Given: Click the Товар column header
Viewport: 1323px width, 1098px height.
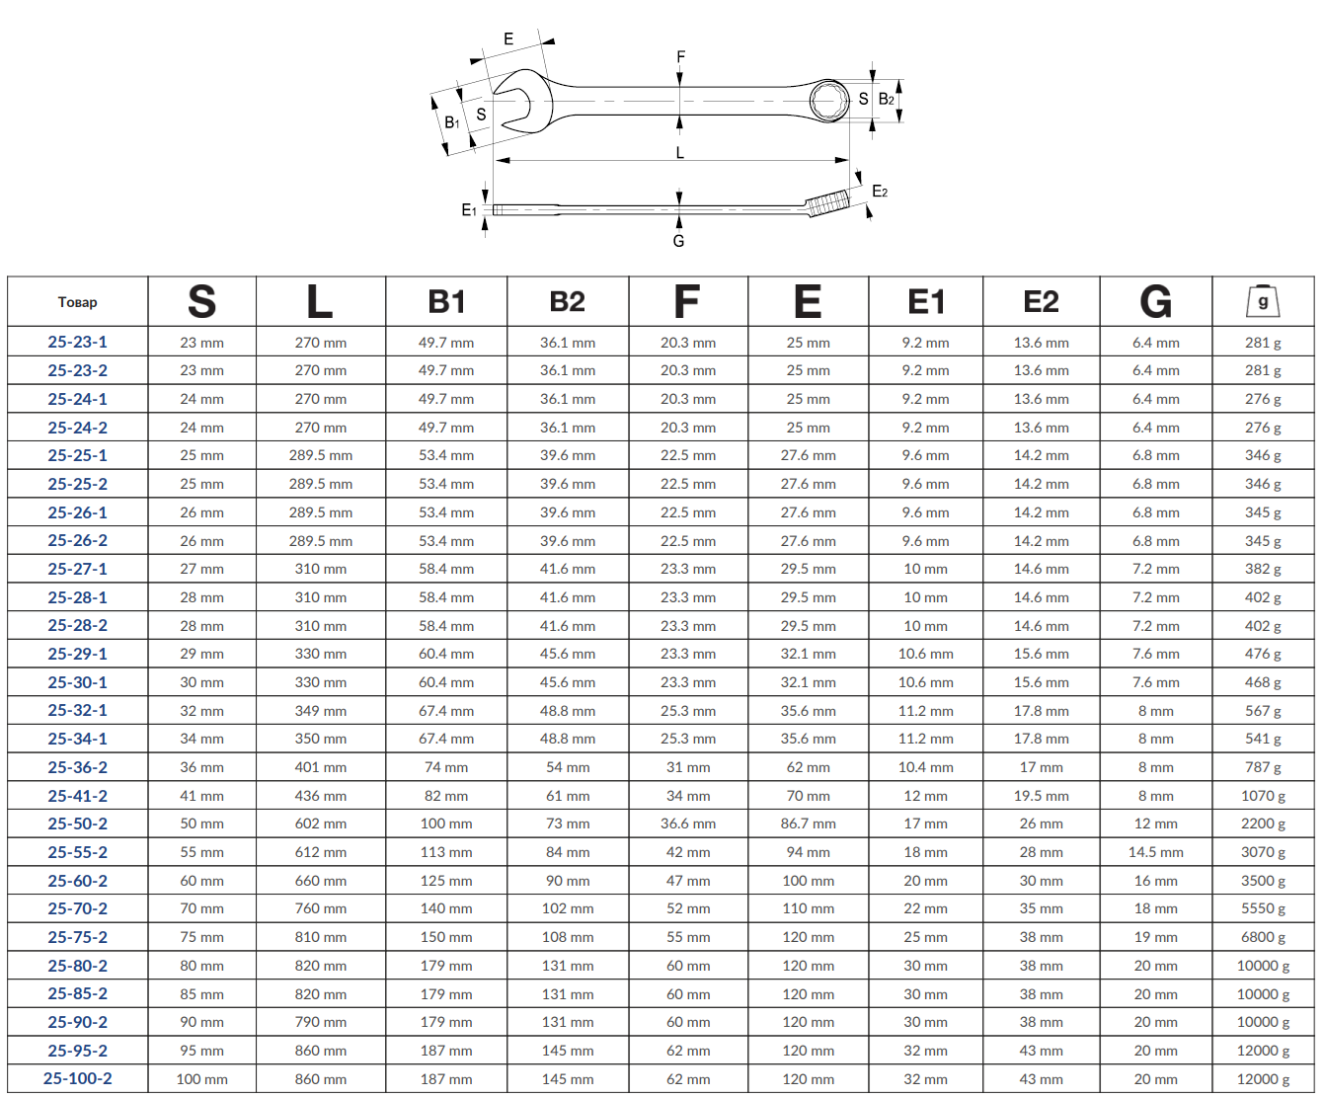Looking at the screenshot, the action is click(77, 302).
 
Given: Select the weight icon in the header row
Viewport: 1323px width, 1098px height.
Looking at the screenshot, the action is click(1263, 301).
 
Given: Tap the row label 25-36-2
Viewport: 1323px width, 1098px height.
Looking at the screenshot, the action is click(77, 767).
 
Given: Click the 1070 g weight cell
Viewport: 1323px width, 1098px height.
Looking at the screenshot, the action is click(1263, 796).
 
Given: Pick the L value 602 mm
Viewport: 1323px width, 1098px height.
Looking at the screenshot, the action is click(321, 823).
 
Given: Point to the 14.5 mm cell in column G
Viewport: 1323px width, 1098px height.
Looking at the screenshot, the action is click(1156, 852).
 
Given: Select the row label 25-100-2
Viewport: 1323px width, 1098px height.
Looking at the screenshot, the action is click(77, 1078).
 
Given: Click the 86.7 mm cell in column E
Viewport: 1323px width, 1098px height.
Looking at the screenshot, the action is click(808, 823).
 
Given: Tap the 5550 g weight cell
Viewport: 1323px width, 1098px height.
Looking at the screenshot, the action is click(1263, 908).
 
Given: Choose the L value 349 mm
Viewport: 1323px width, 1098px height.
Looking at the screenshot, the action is click(321, 711).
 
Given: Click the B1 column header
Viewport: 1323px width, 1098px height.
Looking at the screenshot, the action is click(446, 301).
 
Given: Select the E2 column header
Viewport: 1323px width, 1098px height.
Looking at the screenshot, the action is click(1041, 301).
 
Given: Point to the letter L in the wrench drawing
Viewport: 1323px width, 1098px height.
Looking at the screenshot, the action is click(680, 153).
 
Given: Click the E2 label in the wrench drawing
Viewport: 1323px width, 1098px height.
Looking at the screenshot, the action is click(880, 192).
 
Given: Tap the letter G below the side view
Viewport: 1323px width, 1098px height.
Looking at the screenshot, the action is click(678, 241).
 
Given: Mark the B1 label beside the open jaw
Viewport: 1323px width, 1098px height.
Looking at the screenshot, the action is click(451, 122).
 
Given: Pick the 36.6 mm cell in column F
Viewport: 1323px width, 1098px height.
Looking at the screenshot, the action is click(688, 823).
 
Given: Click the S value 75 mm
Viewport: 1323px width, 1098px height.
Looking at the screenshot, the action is click(201, 937).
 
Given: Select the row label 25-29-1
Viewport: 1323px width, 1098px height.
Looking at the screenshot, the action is click(77, 654).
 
